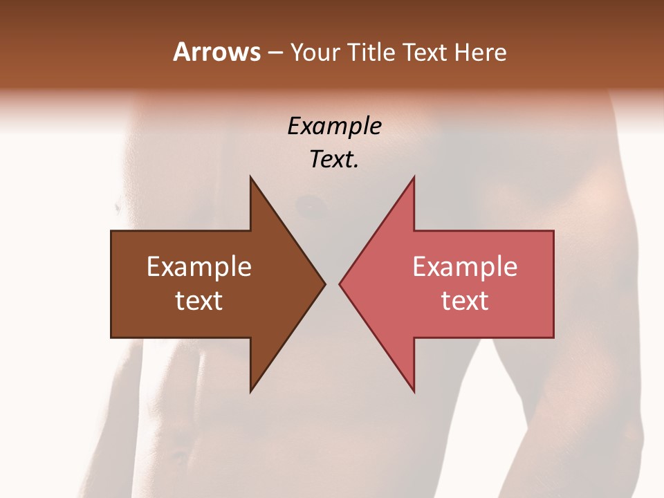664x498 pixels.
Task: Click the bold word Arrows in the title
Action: click(x=216, y=52)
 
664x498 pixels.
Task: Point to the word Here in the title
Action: click(x=481, y=53)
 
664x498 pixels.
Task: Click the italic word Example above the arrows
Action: click(x=334, y=127)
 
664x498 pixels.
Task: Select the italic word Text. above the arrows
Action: click(x=334, y=160)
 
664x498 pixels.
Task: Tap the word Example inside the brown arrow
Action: click(x=199, y=267)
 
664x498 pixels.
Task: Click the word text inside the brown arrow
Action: click(x=199, y=301)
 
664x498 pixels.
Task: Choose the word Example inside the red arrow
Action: click(x=465, y=267)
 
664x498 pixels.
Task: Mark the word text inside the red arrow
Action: click(x=465, y=301)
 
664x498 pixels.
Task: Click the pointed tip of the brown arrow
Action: click(x=324, y=284)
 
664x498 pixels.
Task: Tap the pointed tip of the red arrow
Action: click(x=340, y=284)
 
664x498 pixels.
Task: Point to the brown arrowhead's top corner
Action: click(x=250, y=178)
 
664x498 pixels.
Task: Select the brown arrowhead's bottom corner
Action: click(x=250, y=390)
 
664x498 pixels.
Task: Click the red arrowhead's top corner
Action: click(x=414, y=178)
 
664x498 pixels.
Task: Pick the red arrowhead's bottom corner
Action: click(x=414, y=390)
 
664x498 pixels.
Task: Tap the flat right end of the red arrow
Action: click(x=553, y=284)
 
